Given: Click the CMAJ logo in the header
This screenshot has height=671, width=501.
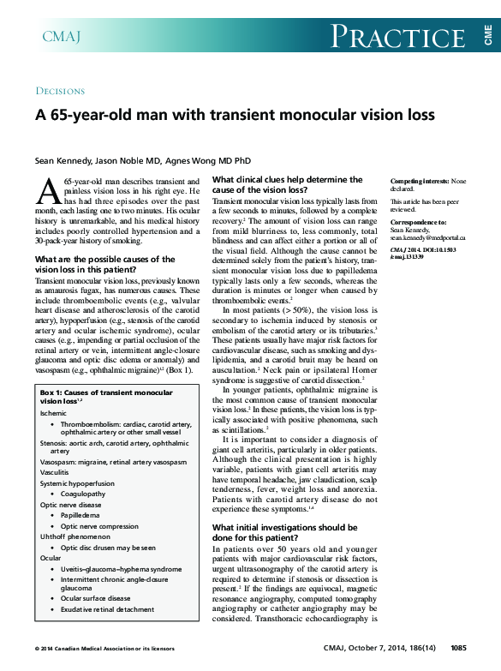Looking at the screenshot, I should [62, 36].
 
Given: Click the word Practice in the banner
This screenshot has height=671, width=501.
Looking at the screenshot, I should [397, 37].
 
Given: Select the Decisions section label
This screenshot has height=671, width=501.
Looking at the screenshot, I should [60, 91].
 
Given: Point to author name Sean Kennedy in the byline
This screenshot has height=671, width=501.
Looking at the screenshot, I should [62, 160].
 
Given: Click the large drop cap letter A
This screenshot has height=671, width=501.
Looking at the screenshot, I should [49, 192].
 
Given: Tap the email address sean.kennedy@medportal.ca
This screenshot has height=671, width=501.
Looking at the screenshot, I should [428, 237].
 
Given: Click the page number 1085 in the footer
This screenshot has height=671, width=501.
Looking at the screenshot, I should [457, 647].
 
